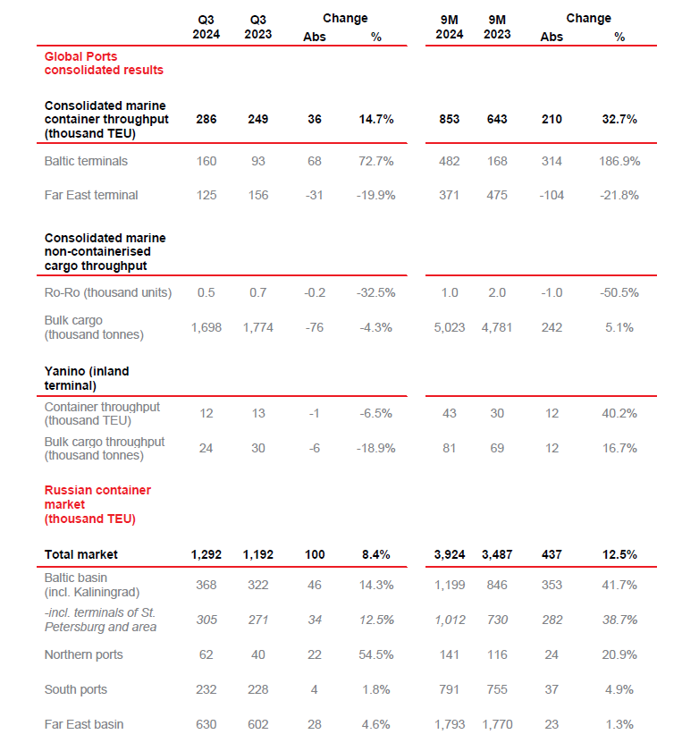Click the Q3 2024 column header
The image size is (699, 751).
click(206, 27)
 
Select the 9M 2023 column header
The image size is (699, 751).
click(497, 27)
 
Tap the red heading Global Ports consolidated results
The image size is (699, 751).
click(104, 63)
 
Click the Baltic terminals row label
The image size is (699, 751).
click(86, 161)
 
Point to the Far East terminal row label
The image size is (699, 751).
click(91, 195)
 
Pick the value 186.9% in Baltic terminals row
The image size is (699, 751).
click(619, 161)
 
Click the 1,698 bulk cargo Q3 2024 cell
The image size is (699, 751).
click(206, 327)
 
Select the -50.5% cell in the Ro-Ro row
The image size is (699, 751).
click(619, 292)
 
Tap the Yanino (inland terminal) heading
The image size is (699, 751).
click(87, 378)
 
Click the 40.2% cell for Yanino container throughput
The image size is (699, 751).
click(619, 413)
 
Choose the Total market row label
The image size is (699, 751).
click(81, 554)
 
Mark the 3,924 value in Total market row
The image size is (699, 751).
click(450, 554)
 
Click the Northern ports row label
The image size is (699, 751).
click(84, 654)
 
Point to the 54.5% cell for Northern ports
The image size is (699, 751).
click(376, 654)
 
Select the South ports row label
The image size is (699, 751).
click(76, 689)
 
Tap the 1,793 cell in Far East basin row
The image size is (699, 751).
click(450, 724)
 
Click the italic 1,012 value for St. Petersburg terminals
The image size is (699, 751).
click(450, 620)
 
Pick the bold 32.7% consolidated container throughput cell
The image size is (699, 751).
click(619, 119)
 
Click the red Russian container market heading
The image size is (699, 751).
click(97, 504)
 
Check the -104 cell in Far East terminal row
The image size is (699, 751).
click(552, 195)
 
